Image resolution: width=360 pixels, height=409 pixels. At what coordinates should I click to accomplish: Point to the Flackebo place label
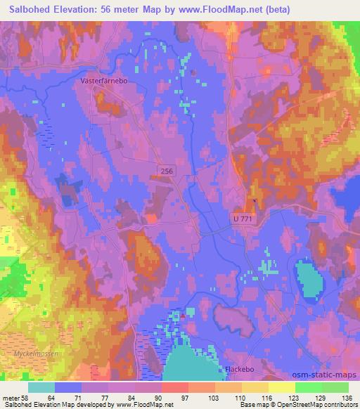click(238, 369)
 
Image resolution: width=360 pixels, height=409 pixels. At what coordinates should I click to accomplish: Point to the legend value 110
click(240, 397)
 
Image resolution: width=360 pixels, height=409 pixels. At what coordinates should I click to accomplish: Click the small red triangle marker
click(183, 316)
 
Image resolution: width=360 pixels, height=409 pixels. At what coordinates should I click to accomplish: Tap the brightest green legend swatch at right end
click(335, 387)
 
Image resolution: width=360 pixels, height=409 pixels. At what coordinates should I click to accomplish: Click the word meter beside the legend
click(9, 397)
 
